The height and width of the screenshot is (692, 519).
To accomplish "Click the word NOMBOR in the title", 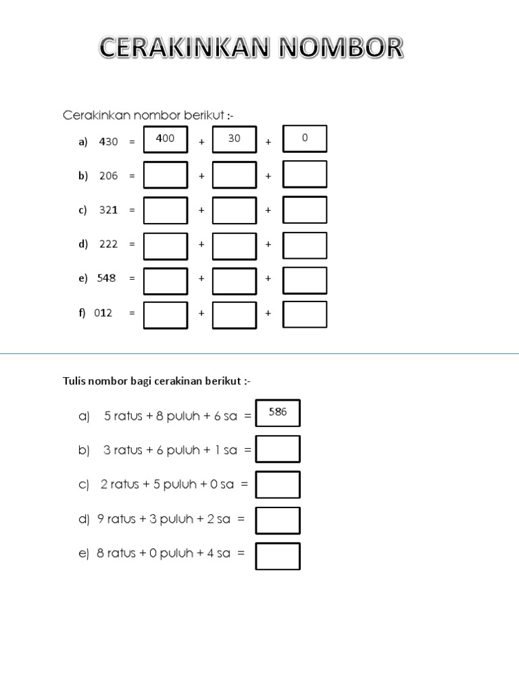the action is (341, 47).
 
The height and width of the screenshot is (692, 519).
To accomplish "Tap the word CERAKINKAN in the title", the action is (184, 47).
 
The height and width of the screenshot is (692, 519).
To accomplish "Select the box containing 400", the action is (166, 139).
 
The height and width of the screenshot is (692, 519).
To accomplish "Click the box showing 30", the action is (234, 139).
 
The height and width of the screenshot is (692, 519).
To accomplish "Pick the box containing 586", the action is (278, 413).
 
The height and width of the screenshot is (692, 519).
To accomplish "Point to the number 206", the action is (109, 176).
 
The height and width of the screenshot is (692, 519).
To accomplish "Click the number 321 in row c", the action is (109, 209).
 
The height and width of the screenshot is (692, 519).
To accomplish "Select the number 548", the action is (106, 278).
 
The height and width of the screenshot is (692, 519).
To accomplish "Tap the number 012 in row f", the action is (103, 313).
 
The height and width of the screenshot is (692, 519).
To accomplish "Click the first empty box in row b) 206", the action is (166, 175).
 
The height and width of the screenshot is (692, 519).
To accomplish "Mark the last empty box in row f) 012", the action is (305, 314).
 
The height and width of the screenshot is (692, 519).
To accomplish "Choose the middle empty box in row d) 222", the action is (234, 246).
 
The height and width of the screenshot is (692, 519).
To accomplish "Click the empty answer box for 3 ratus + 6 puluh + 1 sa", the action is (278, 449).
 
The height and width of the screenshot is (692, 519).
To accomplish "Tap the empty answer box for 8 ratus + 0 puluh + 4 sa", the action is (278, 556).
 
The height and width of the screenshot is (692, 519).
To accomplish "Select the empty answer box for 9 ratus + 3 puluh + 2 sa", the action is (278, 521).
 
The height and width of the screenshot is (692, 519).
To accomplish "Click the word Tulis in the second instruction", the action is (74, 381).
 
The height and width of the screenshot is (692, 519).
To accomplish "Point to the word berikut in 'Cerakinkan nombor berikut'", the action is (204, 115).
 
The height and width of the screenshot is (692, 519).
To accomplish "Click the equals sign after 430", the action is (132, 142).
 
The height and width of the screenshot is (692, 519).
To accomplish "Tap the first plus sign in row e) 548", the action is (201, 278).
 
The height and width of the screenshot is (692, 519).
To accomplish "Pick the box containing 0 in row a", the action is (305, 139).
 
